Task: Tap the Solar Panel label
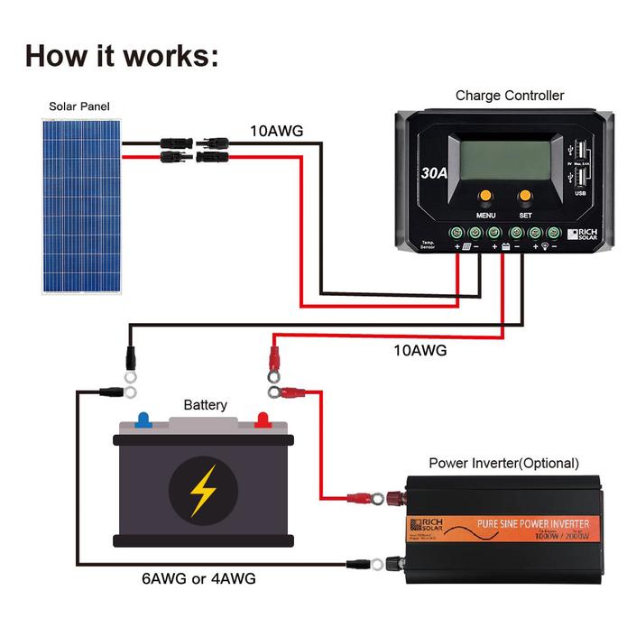(x=79, y=106)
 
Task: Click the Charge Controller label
(x=510, y=95)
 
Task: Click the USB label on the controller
(x=578, y=190)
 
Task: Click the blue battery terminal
(x=143, y=420)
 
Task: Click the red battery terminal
(x=263, y=419)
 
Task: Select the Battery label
(x=206, y=405)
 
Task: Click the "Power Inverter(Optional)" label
(x=503, y=463)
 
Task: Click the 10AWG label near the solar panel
(x=276, y=131)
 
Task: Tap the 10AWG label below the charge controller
(x=420, y=350)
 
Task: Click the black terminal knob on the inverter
(x=393, y=564)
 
